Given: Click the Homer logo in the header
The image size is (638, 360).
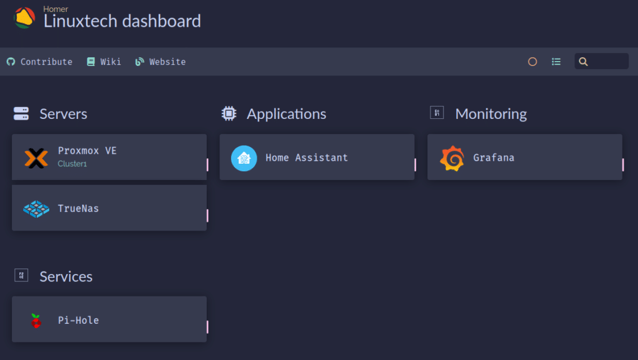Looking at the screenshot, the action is point(24,18).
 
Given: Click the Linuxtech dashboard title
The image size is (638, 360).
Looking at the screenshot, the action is point(122,21).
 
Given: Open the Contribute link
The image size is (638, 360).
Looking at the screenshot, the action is point(39,62).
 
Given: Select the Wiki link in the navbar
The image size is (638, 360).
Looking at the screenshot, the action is point(104,62).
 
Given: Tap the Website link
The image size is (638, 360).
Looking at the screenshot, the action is point(160,62).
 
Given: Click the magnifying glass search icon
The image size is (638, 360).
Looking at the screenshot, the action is point(583,62).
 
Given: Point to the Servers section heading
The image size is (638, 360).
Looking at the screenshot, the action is point(63,114).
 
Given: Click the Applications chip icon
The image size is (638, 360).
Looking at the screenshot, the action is point(229,113).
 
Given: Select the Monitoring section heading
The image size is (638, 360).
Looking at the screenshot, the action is point(491,114).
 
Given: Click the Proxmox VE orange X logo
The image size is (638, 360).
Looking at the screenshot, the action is point(36,158).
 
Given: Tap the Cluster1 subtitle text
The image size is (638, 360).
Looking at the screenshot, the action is point(72,164).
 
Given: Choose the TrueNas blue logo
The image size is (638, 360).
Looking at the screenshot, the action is point(36,209).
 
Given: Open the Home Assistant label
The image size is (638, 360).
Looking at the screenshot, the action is point(307,158).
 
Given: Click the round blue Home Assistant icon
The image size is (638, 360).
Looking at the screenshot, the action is point(244,158).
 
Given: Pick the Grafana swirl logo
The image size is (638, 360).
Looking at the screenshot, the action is point(452,158).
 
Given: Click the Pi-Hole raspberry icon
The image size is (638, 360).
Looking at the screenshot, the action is point(36,321).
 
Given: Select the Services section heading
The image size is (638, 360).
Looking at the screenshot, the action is point(66,277).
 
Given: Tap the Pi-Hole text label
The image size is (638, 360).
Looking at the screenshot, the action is point(79,321).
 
